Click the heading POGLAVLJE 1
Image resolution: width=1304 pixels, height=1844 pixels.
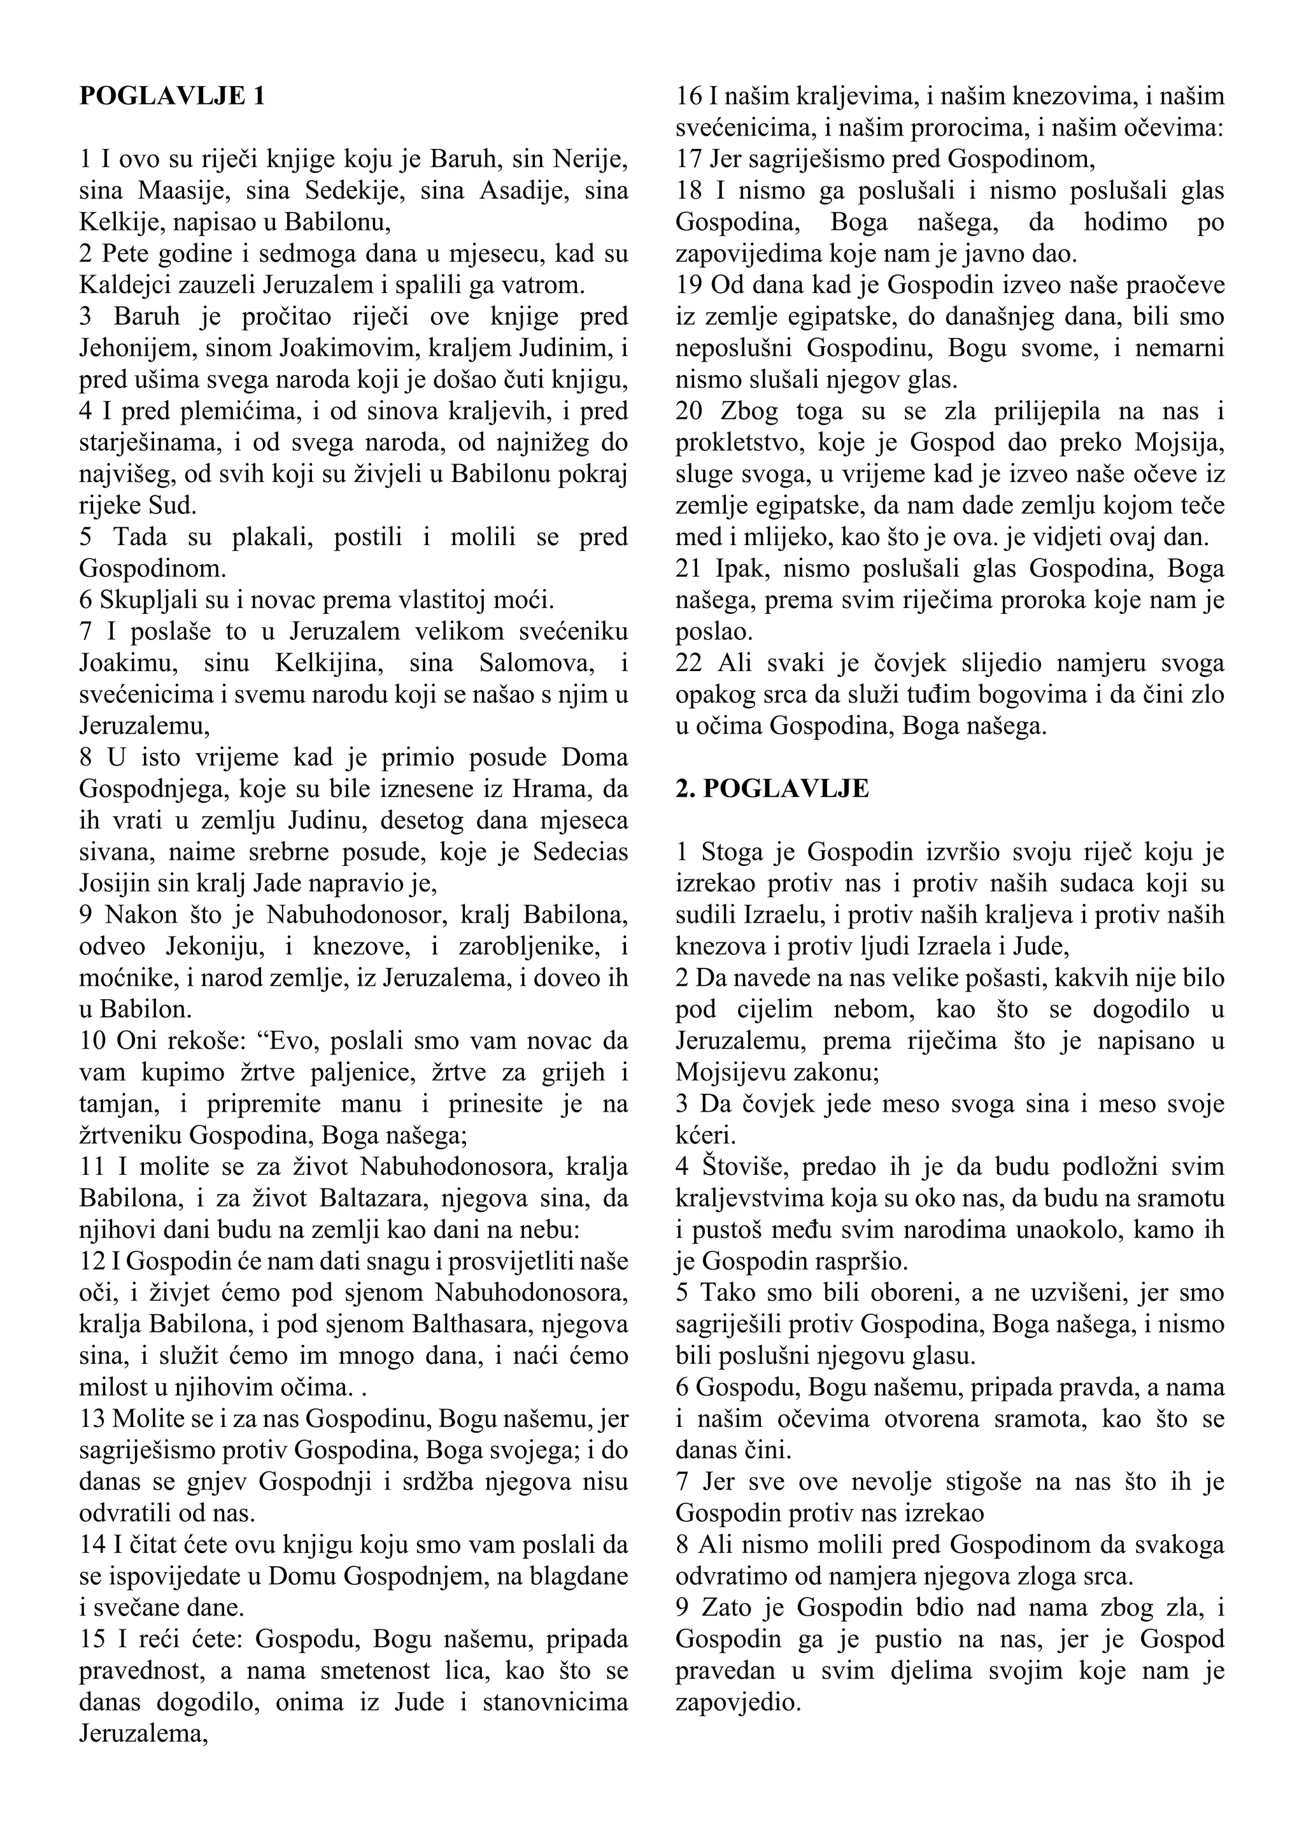pos(172,96)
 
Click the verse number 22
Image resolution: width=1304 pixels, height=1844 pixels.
pos(689,663)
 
